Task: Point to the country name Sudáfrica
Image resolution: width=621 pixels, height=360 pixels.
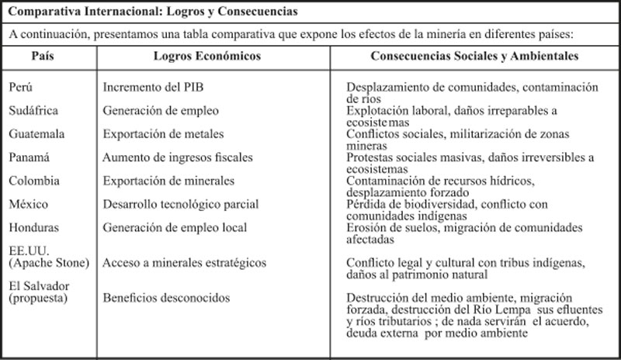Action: coord(34,111)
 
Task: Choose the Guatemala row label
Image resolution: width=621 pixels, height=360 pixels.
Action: coord(36,134)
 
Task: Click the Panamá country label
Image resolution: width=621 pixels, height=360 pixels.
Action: coord(29,157)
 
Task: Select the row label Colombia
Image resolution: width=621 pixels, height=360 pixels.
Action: coord(33,181)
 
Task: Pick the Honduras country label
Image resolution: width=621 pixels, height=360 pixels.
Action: coord(35,227)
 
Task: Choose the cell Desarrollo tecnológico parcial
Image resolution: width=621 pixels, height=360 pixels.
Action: coord(181,204)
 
